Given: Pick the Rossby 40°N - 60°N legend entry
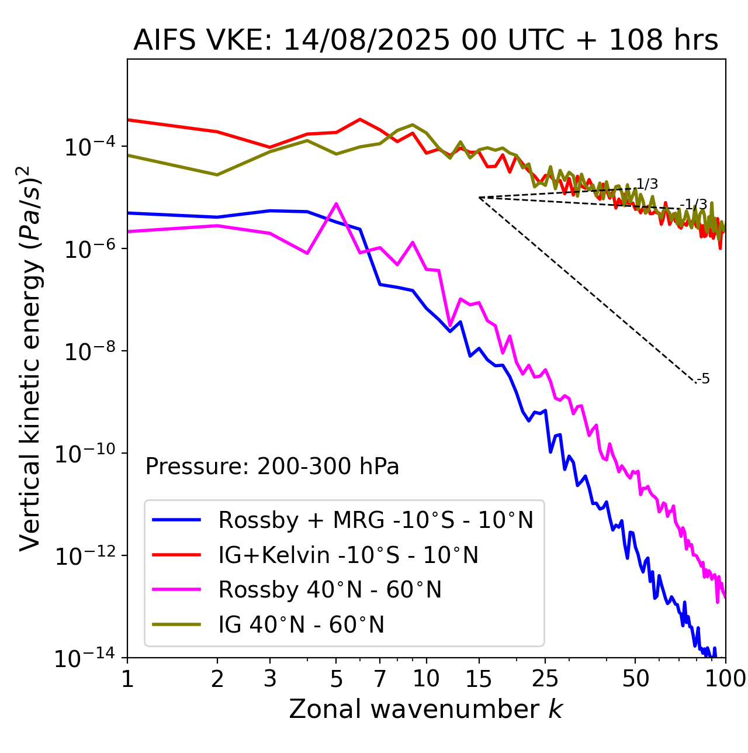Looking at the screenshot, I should pos(330,590).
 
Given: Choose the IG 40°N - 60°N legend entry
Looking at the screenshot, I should pos(301,625).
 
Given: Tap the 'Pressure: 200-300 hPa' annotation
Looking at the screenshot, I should pos(272,467).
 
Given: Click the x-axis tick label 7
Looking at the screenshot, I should pos(380,679).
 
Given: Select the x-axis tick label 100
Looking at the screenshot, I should pos(725,679).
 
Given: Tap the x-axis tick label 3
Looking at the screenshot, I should pos(270,679).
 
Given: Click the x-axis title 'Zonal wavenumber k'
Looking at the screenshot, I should pos(425,709).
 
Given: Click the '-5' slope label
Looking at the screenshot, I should pos(703,379).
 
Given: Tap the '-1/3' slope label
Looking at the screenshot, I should pos(694,205).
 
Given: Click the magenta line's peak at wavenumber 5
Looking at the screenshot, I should pos(336,203).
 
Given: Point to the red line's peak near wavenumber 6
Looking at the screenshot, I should pos(360,119).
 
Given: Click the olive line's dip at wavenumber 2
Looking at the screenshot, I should pos(217,175).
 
